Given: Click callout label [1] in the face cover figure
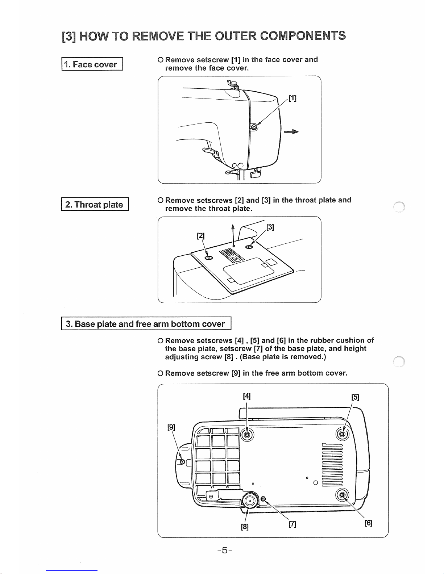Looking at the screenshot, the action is point(292,98).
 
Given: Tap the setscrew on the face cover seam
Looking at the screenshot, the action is point(254,127).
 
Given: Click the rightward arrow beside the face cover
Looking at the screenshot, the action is point(291,131).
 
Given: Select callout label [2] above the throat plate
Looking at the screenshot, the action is point(200,235).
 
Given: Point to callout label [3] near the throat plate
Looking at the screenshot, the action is point(270,227).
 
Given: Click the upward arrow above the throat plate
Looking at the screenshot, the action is point(233,235).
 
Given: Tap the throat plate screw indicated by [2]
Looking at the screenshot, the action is point(208,258).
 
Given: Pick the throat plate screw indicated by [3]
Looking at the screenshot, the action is point(249,247).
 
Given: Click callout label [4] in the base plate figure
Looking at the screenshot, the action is point(246,396).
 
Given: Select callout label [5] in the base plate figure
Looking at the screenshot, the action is point(355,397).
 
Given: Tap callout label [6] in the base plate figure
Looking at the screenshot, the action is point(368,523).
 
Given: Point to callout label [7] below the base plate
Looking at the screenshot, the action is point(292,524).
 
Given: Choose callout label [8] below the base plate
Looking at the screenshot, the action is point(245,527).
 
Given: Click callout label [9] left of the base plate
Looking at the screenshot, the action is point(171,427).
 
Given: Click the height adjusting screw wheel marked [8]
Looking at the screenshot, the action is point(249,500).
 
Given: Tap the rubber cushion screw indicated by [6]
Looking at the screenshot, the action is point(342,495).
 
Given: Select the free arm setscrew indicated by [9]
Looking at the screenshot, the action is point(182,461).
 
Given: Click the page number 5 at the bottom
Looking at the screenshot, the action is point(225,550).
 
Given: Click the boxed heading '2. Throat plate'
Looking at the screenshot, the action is point(95,204).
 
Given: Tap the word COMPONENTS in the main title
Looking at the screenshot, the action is point(303,35).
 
